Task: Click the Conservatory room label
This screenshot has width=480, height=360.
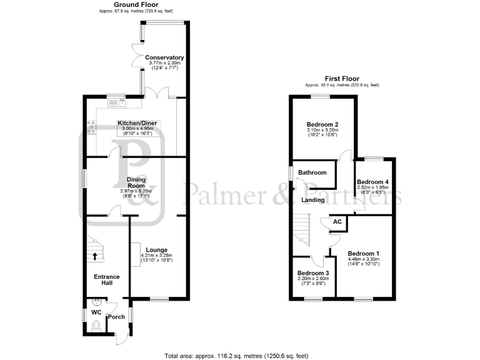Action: point(164,57)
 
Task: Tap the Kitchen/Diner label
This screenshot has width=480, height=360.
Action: point(137,124)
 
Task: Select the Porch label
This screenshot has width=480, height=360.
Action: point(116,317)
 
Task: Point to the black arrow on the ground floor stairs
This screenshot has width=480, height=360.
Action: point(96,256)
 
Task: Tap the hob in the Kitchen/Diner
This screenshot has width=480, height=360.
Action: point(92,127)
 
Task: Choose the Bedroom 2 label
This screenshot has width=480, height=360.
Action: point(322,124)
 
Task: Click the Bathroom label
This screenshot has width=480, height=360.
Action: point(312,172)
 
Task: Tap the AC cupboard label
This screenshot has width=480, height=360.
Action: point(337,222)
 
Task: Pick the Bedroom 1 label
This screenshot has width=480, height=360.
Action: point(363,253)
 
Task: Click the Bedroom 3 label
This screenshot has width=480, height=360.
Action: point(312,274)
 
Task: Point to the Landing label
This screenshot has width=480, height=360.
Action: point(312,200)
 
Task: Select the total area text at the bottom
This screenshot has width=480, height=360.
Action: point(236,356)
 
